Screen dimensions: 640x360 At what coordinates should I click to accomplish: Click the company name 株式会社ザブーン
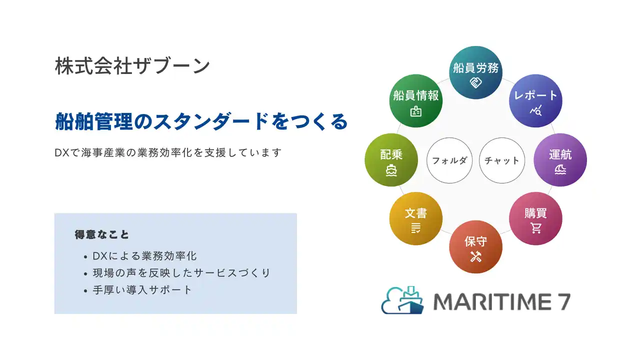(132, 66)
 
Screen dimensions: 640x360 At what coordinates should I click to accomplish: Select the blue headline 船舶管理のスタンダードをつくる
(201, 121)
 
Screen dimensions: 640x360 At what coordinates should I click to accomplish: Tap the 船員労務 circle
(475, 72)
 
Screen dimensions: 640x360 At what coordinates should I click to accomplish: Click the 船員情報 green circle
(416, 101)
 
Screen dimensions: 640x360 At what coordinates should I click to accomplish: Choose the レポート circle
(535, 101)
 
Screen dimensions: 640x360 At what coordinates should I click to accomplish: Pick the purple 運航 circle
(560, 160)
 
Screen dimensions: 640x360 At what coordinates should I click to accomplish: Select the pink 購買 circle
(535, 218)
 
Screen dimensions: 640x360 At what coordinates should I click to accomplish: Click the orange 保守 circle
(475, 247)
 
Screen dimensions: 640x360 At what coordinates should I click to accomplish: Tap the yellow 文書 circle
(416, 218)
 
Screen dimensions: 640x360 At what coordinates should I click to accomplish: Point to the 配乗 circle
(391, 160)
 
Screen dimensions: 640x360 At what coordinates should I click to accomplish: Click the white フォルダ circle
(449, 160)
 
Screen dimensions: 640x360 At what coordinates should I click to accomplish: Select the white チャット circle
(502, 160)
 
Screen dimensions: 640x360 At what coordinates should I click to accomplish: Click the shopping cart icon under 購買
(536, 228)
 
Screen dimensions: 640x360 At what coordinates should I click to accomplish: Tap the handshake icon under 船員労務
(475, 83)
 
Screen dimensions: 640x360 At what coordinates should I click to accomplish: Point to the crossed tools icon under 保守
(475, 256)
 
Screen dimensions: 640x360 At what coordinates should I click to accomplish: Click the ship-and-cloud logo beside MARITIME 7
(402, 300)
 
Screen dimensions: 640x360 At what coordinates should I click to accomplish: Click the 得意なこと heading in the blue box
(101, 234)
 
